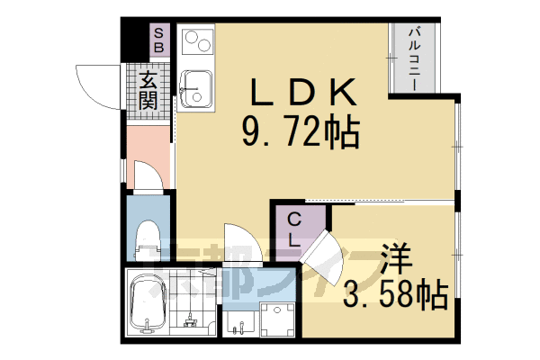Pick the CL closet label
294,229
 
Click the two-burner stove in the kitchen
195,43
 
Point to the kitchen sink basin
193,90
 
